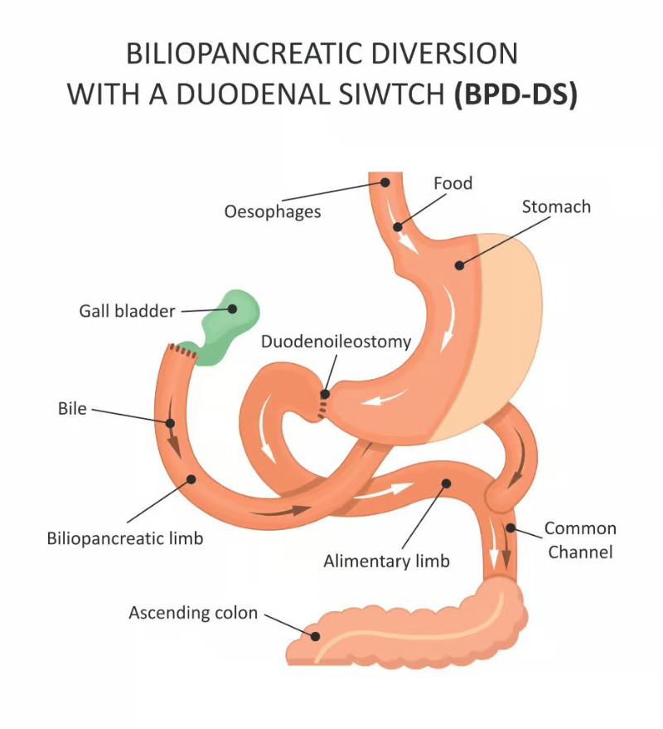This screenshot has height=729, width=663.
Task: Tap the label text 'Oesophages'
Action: pyautogui.click(x=272, y=211)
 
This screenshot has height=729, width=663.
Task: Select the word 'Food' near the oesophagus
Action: pyautogui.click(x=452, y=182)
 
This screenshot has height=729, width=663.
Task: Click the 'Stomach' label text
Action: pyautogui.click(x=556, y=207)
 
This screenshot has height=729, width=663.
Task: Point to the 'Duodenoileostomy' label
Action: pyautogui.click(x=336, y=341)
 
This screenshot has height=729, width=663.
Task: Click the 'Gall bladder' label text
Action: pyautogui.click(x=128, y=311)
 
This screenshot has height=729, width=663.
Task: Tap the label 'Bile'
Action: pyautogui.click(x=72, y=408)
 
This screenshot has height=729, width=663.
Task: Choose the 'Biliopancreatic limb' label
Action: pyautogui.click(x=125, y=538)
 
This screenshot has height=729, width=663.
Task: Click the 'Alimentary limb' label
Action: pyautogui.click(x=386, y=561)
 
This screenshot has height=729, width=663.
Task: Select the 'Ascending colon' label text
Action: pyautogui.click(x=193, y=614)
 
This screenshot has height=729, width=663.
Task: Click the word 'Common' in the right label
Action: pyautogui.click(x=580, y=528)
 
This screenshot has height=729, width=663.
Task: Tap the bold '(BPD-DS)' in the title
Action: pyautogui.click(x=515, y=94)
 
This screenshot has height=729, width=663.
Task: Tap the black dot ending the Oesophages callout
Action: pyautogui.click(x=385, y=183)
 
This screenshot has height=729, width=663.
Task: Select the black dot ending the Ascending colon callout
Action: pyautogui.click(x=315, y=637)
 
